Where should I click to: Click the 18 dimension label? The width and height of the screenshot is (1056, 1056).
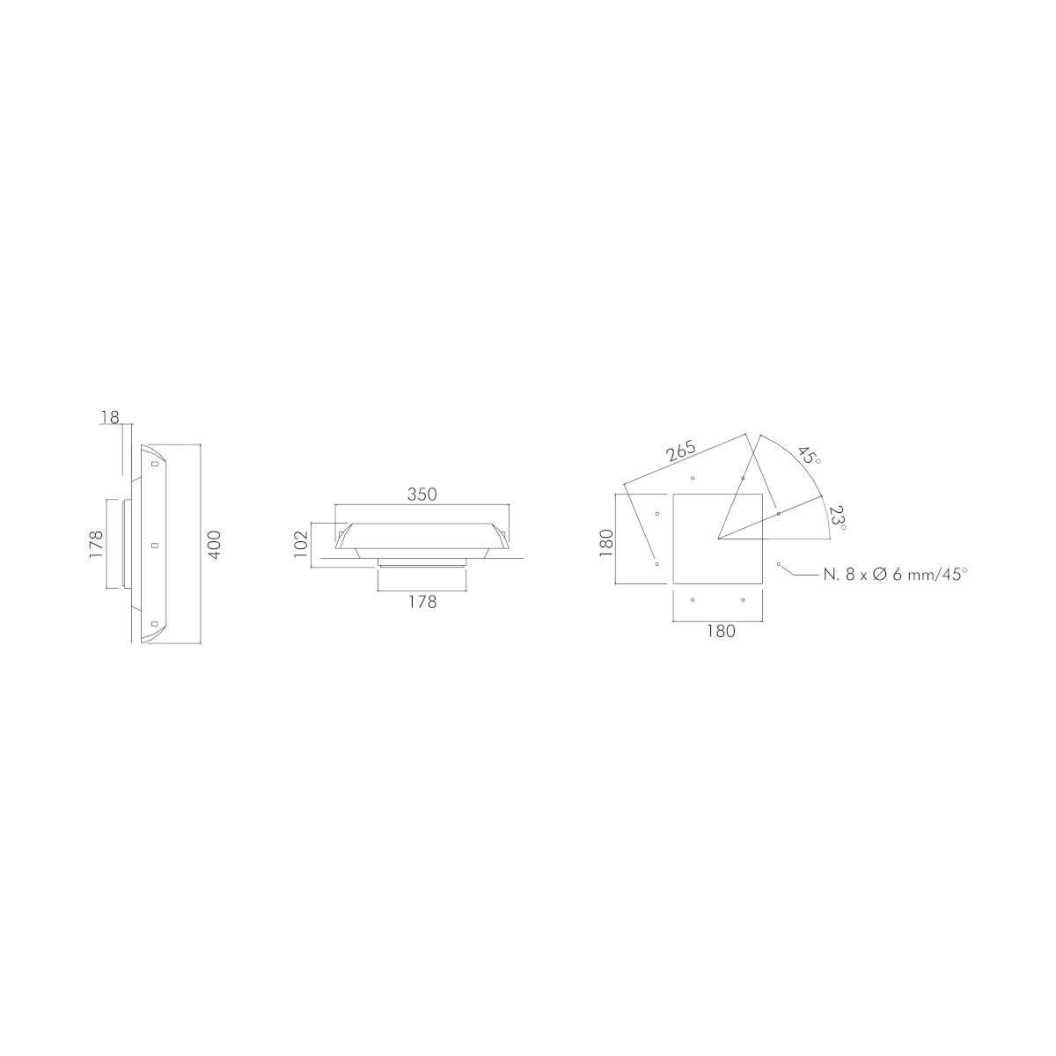click(110, 418)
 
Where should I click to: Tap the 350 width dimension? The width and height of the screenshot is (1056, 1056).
click(422, 495)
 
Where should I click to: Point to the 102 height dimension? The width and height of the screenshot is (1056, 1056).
click(301, 544)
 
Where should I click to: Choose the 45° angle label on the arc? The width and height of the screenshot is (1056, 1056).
click(810, 456)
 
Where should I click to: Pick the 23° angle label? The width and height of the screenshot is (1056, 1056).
click(838, 517)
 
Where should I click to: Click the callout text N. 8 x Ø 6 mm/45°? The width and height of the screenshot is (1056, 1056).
click(896, 575)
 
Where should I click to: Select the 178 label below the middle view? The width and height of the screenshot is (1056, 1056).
click(422, 602)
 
